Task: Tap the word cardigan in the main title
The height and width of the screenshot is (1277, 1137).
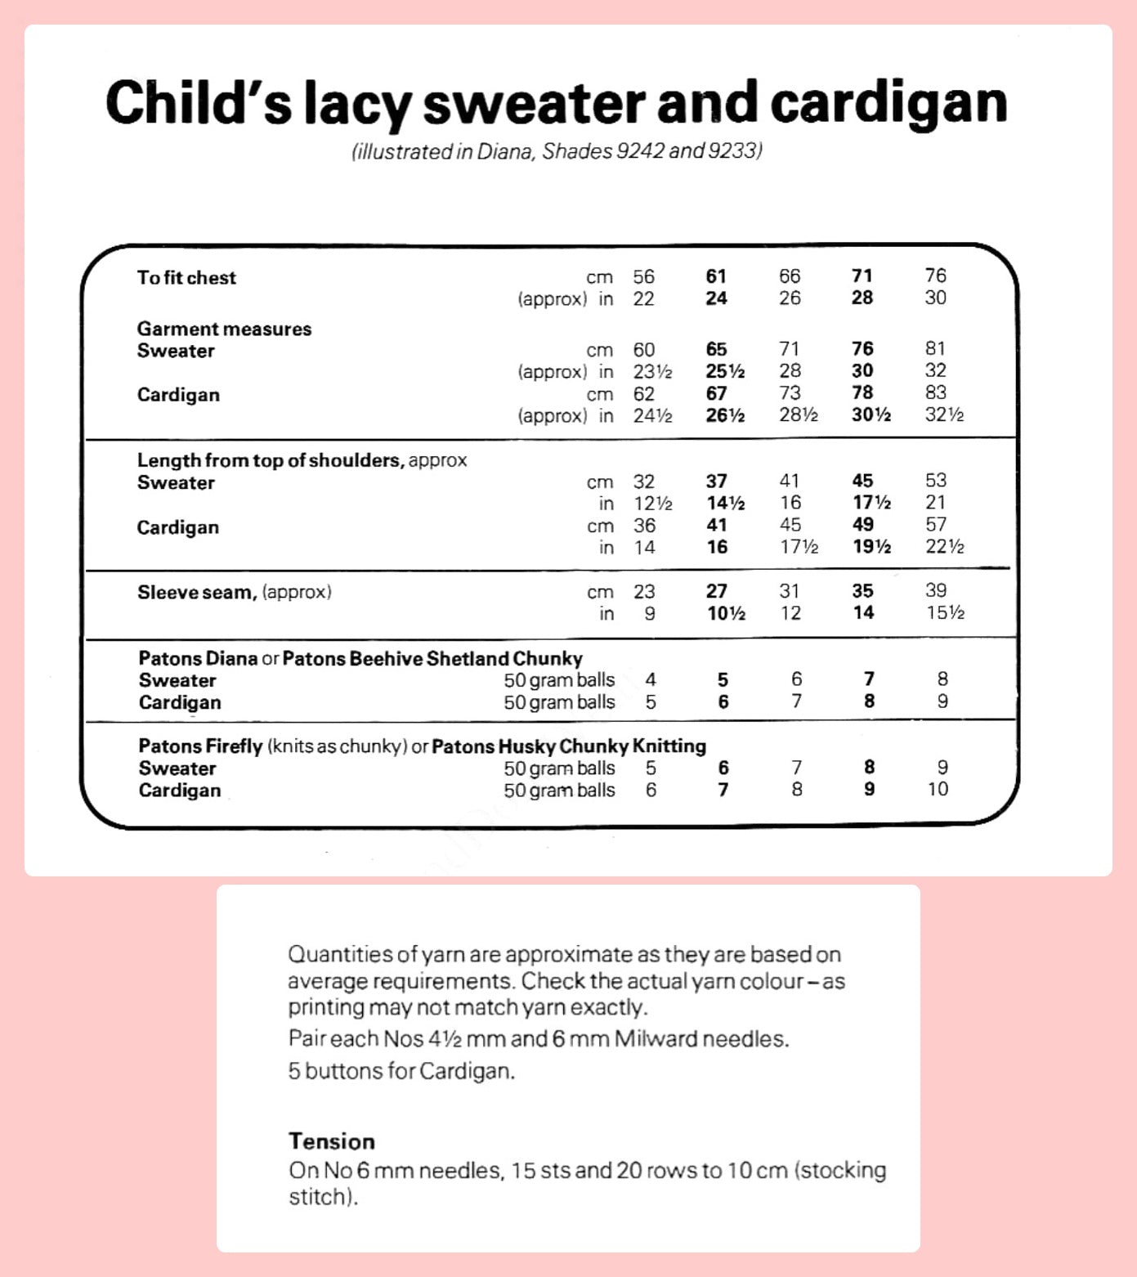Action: click(889, 104)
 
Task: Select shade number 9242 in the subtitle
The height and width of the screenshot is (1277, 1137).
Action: click(640, 151)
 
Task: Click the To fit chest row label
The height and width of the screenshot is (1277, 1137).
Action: click(186, 278)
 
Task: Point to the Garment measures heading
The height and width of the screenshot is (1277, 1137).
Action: click(224, 329)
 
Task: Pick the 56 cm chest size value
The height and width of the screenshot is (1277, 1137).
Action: click(643, 276)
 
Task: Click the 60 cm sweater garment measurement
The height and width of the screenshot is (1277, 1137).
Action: click(643, 350)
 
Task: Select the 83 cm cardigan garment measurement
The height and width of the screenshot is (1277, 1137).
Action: click(935, 393)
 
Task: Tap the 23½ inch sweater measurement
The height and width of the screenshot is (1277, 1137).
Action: click(652, 372)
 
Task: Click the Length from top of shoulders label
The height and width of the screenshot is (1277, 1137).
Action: click(271, 460)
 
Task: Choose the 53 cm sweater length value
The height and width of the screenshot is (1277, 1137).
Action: click(935, 481)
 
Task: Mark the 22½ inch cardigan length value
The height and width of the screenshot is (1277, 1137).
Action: click(944, 547)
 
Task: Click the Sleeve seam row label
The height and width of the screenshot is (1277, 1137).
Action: click(197, 592)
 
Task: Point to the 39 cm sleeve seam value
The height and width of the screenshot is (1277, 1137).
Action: click(935, 590)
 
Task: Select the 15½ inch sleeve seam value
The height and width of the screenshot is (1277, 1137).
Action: click(944, 612)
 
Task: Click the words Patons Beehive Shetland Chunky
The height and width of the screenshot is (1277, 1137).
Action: click(432, 658)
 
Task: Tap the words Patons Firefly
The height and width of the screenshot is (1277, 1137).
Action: click(200, 746)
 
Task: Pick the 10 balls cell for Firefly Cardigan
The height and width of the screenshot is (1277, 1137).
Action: click(937, 789)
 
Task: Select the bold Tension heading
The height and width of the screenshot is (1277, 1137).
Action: click(331, 1141)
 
